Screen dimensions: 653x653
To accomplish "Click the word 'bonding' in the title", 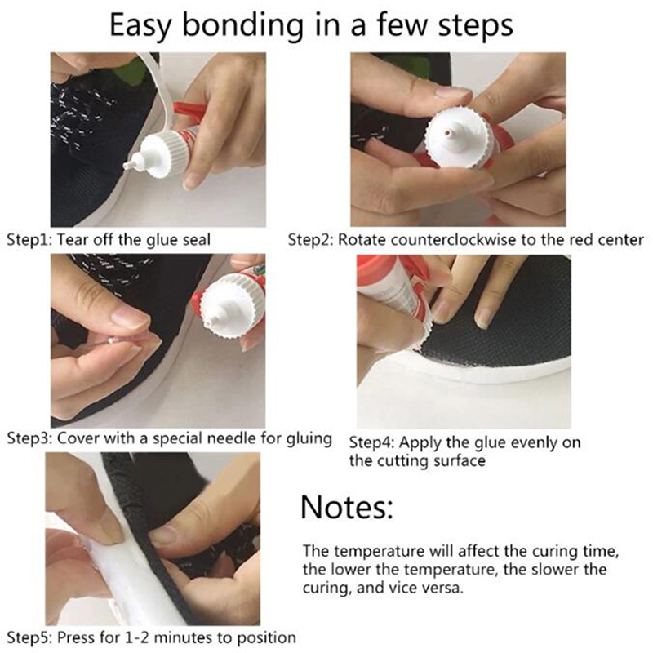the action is (x=242, y=26).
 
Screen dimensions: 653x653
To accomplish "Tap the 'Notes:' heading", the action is (x=346, y=507).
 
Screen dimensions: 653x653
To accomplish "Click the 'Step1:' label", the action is (x=29, y=240).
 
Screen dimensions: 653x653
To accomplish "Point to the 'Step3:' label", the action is (x=29, y=438).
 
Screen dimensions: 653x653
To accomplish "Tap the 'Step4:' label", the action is (x=371, y=442).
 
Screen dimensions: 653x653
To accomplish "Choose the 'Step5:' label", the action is (x=29, y=637).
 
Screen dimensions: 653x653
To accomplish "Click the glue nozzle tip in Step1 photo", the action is (x=127, y=167).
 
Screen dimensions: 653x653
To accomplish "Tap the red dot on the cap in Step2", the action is (x=447, y=134).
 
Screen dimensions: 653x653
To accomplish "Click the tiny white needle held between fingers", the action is (x=110, y=340).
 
